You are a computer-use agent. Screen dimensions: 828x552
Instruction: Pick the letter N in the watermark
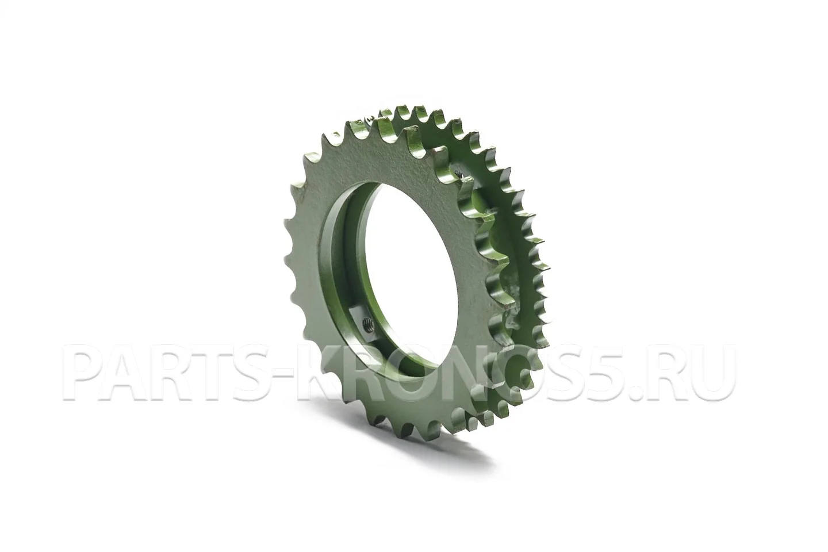[x=481, y=373]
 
